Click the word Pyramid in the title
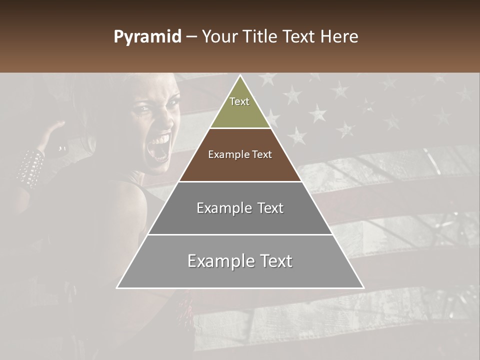click(x=147, y=37)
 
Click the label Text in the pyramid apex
click(x=239, y=101)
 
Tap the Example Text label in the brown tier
click(x=240, y=154)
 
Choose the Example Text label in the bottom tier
click(x=240, y=261)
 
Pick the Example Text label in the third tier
click(x=240, y=208)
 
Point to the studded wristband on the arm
click(x=31, y=167)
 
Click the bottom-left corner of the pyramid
click(x=117, y=288)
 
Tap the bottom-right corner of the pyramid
click(x=363, y=288)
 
